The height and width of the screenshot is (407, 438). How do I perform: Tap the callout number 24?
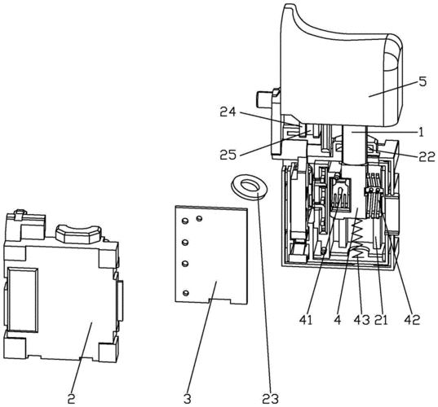click(x=228, y=112)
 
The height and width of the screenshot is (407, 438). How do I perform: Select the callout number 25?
click(x=228, y=155)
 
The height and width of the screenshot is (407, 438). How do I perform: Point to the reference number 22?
click(x=427, y=156)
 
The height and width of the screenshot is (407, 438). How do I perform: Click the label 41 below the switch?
click(x=306, y=320)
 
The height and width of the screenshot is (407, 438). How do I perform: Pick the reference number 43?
click(x=361, y=320)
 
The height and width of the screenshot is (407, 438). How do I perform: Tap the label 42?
click(x=412, y=320)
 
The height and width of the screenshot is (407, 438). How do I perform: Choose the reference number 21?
click(x=381, y=320)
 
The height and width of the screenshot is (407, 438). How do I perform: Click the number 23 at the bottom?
click(x=270, y=399)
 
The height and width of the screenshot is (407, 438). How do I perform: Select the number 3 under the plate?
click(x=187, y=399)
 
